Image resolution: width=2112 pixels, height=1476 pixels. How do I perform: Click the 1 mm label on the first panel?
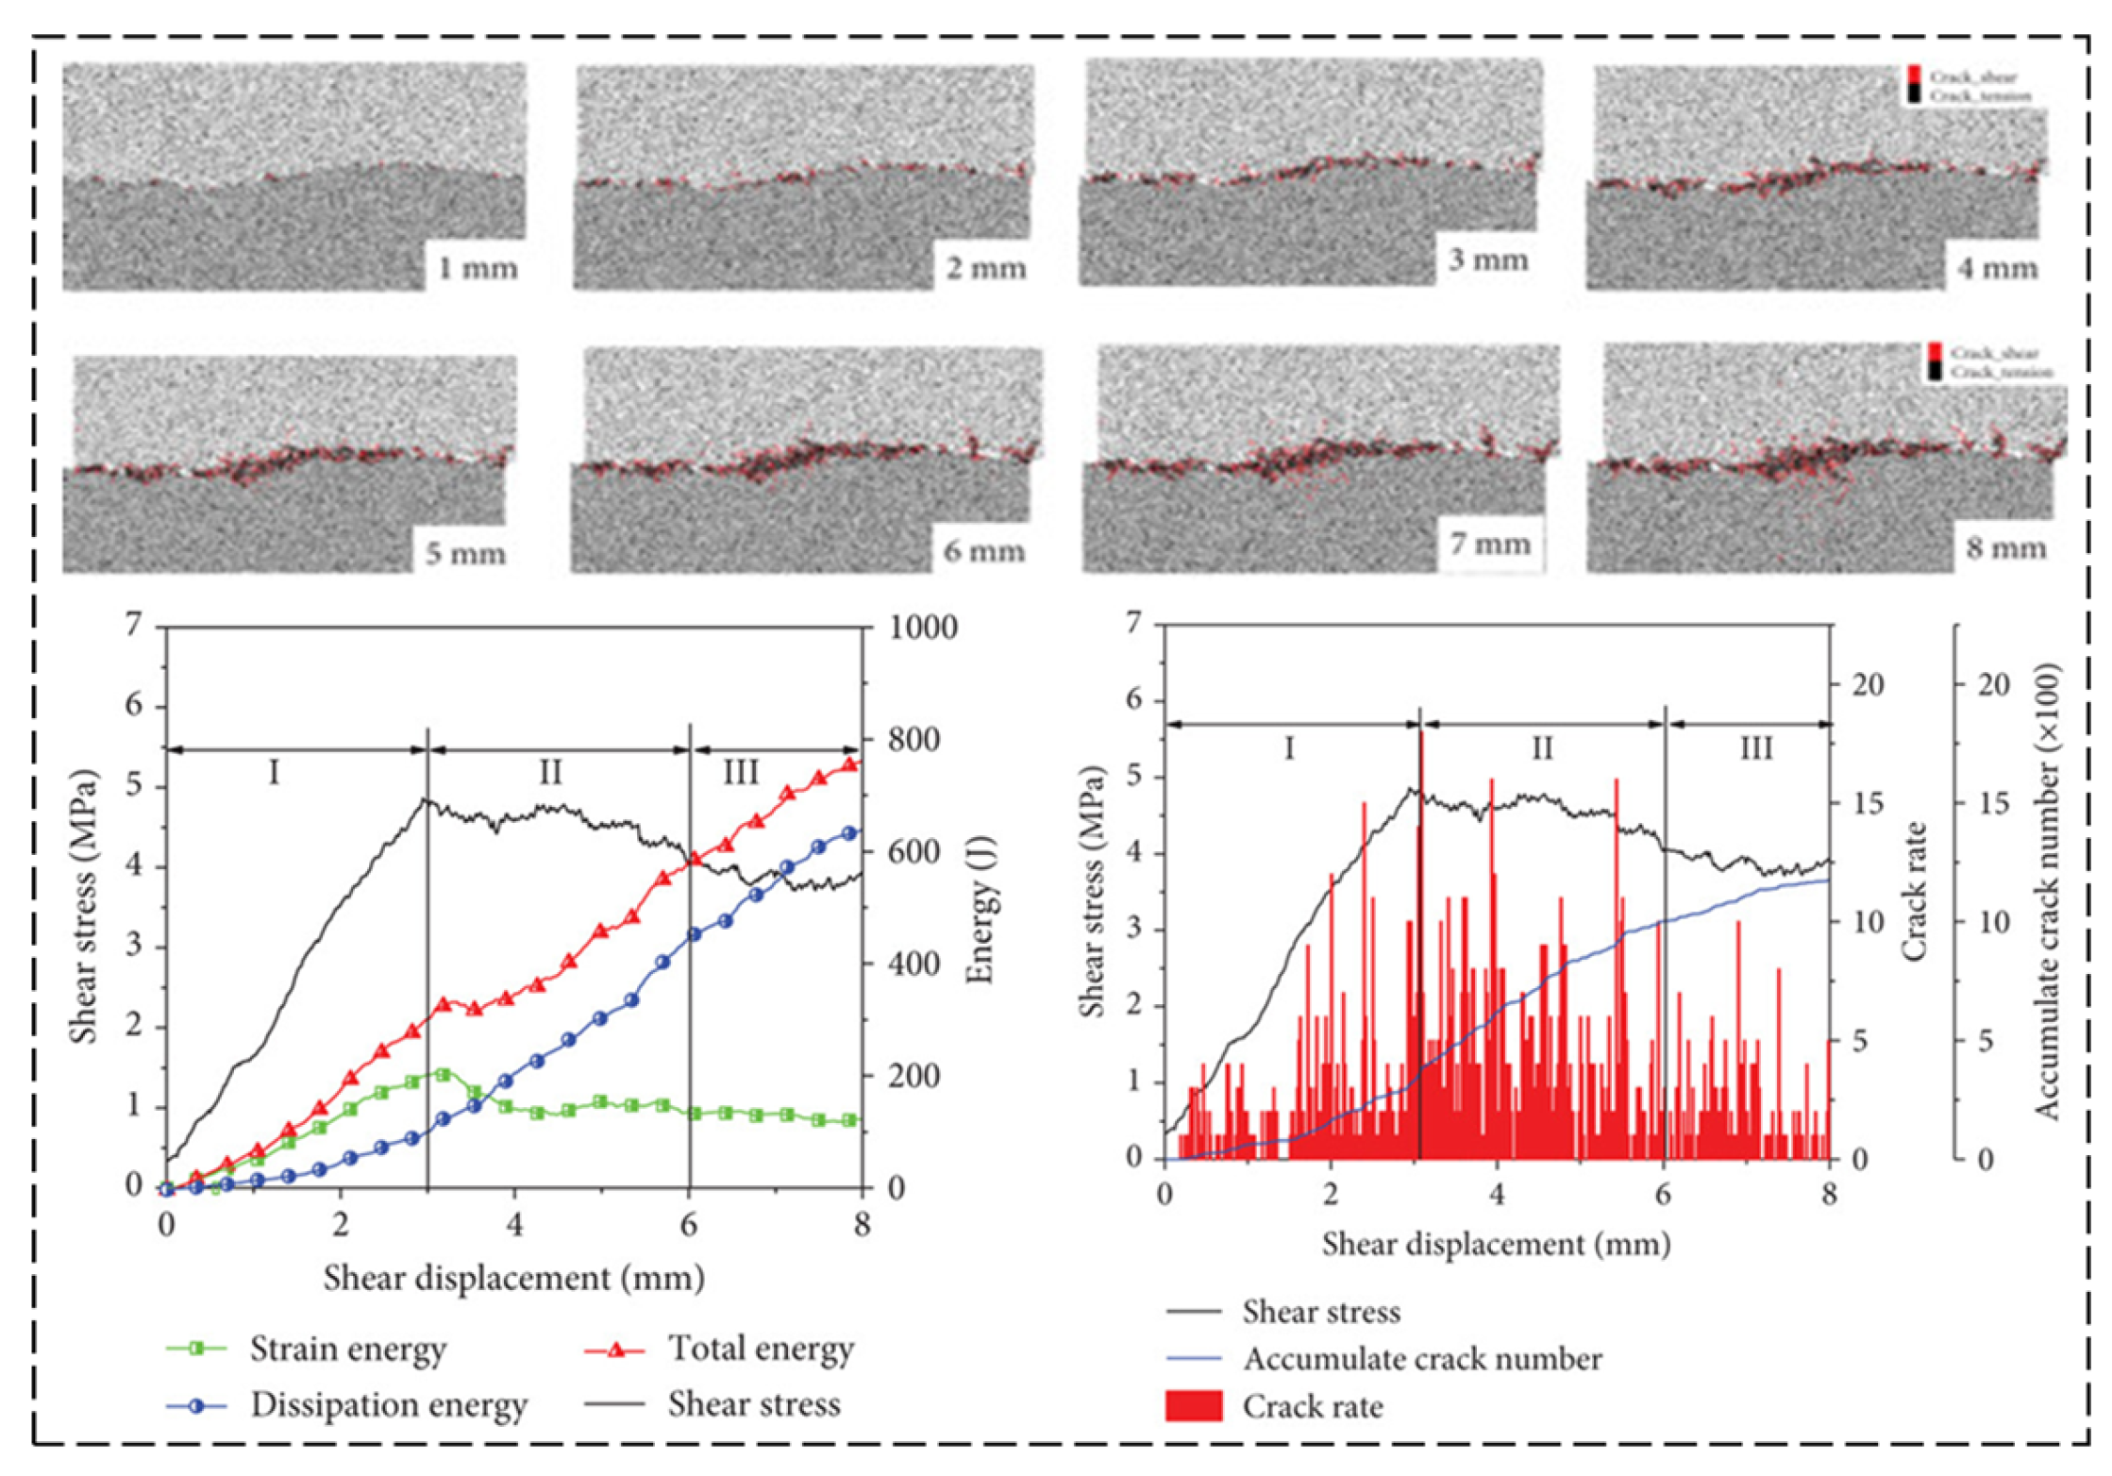point(478,269)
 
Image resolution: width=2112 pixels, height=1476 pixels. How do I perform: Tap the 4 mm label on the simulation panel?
point(1997,268)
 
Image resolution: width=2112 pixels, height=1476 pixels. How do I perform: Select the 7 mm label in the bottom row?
point(1490,545)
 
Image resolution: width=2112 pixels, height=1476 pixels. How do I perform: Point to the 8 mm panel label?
point(2005,548)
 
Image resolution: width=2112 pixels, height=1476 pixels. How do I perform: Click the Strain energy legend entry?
point(347,1349)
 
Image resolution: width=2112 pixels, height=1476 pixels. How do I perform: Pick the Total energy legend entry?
point(761,1349)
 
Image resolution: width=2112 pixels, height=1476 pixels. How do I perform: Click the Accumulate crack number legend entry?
point(1421,1359)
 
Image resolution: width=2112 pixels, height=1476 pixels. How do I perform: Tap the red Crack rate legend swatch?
point(1194,1406)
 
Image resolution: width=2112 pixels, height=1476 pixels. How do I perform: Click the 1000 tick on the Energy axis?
point(923,628)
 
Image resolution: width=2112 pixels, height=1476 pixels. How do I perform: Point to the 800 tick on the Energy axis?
point(914,740)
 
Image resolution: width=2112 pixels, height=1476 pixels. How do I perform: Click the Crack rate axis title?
point(1913,892)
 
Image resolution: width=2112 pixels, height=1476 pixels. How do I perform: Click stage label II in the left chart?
point(550,774)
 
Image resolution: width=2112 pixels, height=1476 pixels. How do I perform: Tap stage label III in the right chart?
point(1755,749)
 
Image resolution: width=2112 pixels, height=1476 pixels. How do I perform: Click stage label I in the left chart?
point(274,774)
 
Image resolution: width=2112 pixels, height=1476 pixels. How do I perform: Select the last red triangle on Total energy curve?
point(849,764)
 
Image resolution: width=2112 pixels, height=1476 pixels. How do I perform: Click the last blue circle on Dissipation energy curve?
point(849,833)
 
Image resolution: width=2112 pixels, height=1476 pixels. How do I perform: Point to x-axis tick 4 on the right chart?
point(1497,1194)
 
